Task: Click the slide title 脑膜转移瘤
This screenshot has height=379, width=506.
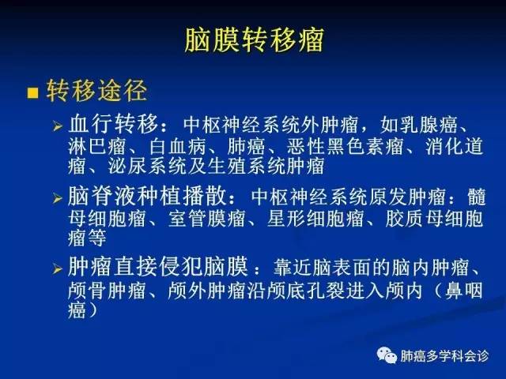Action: coord(255,40)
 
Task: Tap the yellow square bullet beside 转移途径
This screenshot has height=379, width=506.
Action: coord(32,92)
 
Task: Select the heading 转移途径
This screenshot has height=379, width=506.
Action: coord(96,91)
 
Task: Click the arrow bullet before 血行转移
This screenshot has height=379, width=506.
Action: coord(58,126)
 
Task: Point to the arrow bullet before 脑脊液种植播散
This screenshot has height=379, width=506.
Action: coord(58,198)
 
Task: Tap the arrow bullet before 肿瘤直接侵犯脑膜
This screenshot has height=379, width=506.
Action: coord(58,268)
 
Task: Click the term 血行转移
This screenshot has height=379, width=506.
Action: coord(114,124)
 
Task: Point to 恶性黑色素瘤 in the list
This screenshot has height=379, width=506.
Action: coord(345,146)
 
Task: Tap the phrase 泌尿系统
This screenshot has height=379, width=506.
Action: coord(147,167)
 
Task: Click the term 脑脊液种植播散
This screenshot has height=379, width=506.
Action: coord(147,196)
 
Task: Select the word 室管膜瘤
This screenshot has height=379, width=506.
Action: coord(206,218)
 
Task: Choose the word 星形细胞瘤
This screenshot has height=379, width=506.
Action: coord(315,218)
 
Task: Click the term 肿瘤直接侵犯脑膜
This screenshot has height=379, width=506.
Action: coord(158,267)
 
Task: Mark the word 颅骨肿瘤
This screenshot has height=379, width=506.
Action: coord(107,291)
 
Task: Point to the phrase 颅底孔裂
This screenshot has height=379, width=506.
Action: coord(304,291)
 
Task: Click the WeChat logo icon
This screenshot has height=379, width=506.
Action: coord(387,355)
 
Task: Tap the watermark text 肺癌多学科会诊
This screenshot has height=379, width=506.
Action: coord(444,356)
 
